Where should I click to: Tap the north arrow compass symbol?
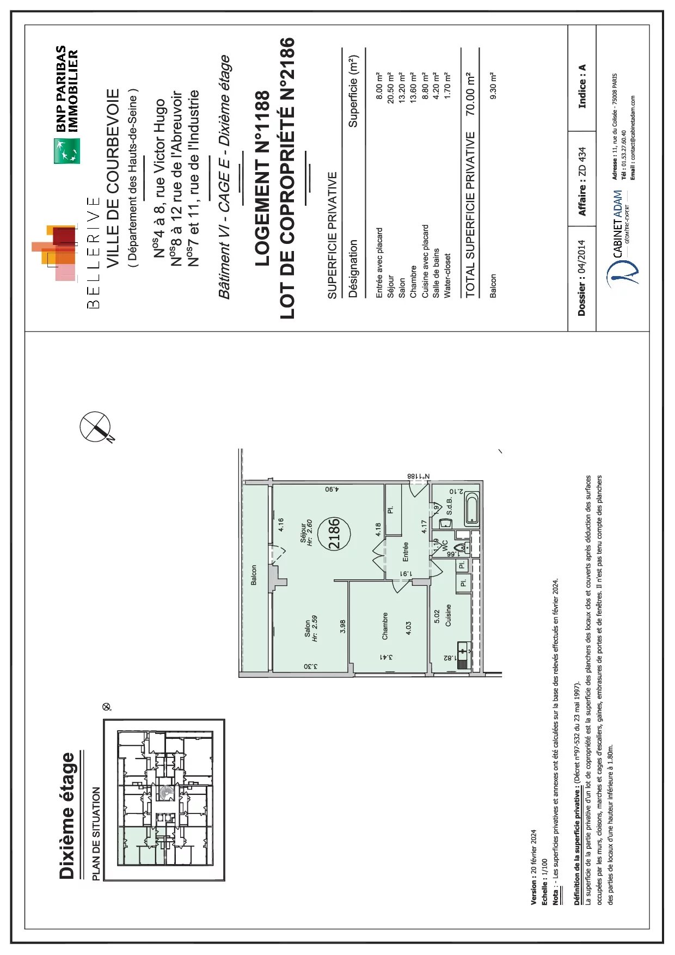[x=95, y=426]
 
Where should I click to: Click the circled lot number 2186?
[x=335, y=534]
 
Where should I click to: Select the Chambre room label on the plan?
[x=385, y=626]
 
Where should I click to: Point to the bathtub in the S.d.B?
[x=471, y=509]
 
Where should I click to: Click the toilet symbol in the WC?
[x=461, y=548]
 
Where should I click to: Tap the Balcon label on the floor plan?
[x=254, y=576]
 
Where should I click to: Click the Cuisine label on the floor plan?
[x=449, y=615]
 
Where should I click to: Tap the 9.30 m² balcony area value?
[x=493, y=85]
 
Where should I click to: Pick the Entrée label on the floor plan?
[x=406, y=552]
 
